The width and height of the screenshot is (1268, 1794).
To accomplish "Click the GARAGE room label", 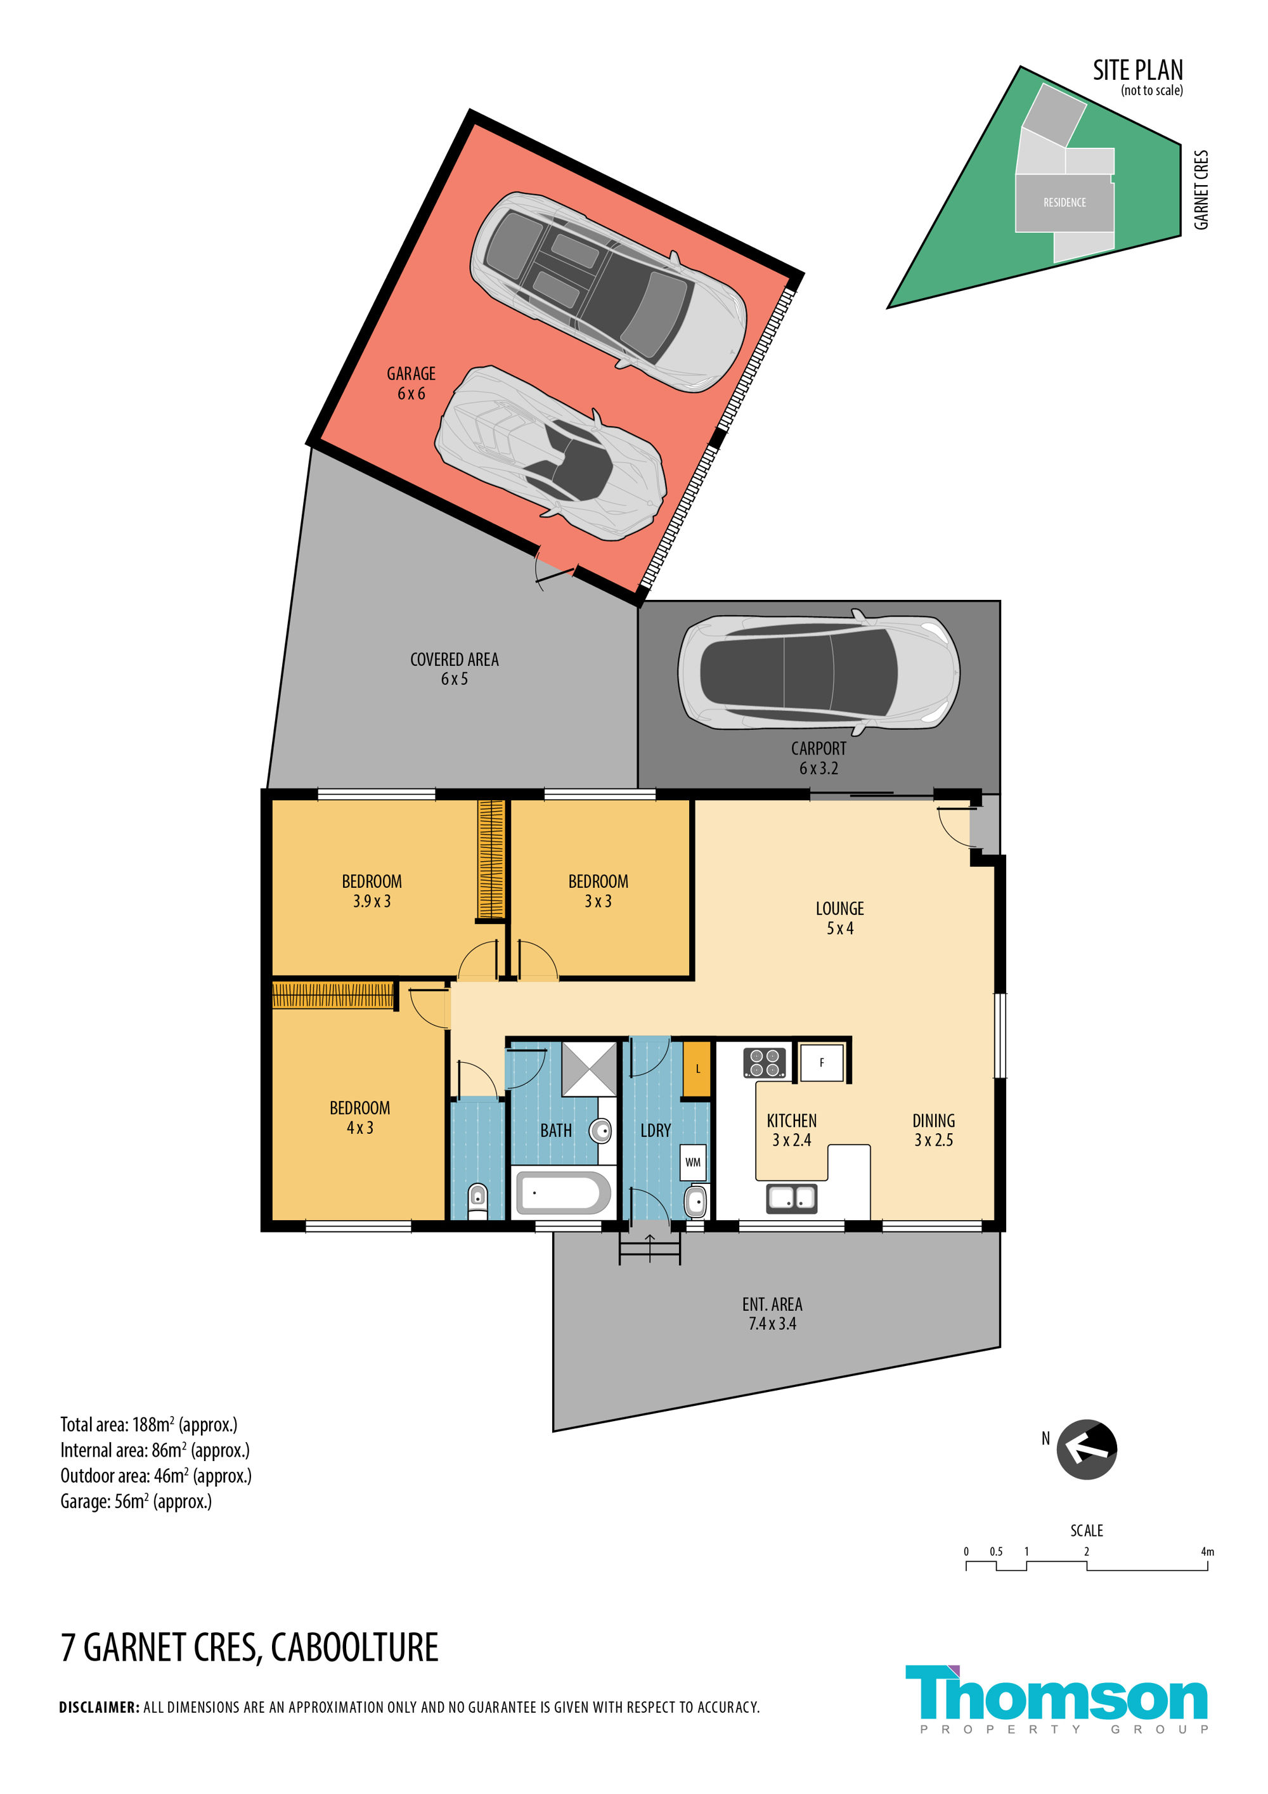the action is coord(411,383).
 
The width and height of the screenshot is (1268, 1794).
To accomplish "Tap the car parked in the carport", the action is coord(818,672).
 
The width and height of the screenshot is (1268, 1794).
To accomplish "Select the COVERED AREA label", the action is coord(454,669).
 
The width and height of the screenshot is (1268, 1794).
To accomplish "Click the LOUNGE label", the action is coord(840,918).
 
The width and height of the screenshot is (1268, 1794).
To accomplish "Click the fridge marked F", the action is coord(822,1063).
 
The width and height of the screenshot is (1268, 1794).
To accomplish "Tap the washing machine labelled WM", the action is coord(693,1162).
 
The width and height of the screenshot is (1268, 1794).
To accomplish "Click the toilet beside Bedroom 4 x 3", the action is coord(477,1201).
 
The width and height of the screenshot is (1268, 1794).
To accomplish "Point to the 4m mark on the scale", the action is coord(1207,1552).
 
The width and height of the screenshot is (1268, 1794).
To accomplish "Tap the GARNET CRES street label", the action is coord(1201,190).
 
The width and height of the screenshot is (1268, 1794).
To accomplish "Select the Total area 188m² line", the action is coord(148,1424).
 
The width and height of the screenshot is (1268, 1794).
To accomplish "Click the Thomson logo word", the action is coord(1056,1693).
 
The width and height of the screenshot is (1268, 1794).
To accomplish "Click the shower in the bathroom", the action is coord(590,1068).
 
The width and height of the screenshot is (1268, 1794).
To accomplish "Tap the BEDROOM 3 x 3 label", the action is coord(598,891).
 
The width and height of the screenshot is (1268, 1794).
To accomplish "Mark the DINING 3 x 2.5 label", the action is coord(934,1130).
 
